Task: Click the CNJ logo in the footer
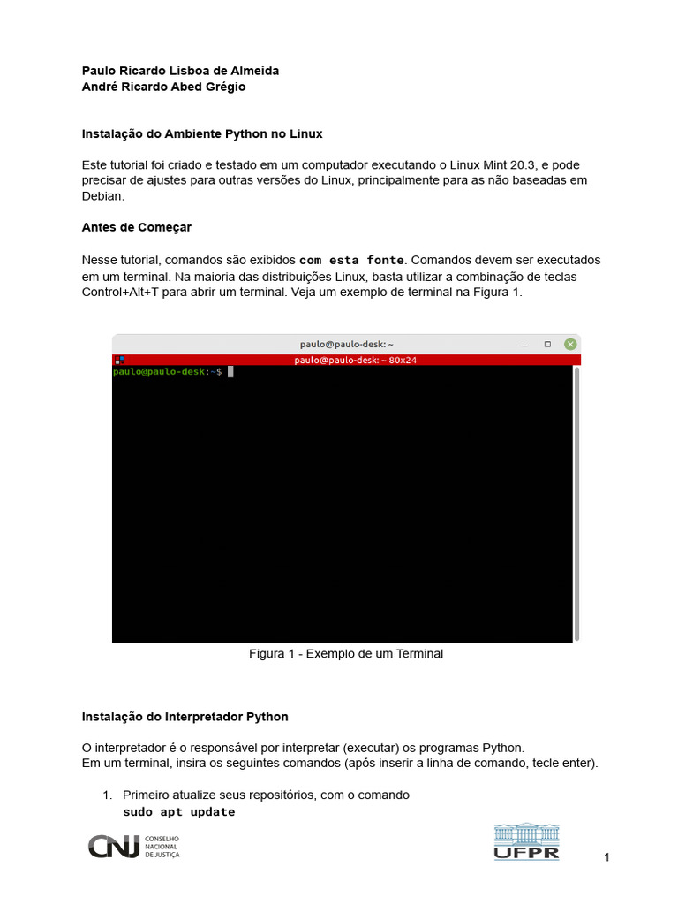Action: pos(133,846)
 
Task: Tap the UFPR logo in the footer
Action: pos(526,842)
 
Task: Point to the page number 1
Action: pos(607,857)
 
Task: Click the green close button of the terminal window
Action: pos(570,344)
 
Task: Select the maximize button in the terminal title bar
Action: pos(547,344)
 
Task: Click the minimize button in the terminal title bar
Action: pos(524,344)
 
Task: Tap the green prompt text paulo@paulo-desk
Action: pos(159,372)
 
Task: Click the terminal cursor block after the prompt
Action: pos(230,372)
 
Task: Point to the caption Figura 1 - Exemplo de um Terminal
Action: pos(345,654)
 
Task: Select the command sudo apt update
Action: pos(178,812)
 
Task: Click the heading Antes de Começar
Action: pos(136,227)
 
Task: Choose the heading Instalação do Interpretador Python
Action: pos(185,716)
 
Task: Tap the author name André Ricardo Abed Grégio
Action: pos(163,87)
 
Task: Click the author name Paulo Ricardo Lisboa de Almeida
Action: pos(180,71)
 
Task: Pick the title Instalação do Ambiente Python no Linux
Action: pos(202,134)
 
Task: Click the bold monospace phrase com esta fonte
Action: pos(351,261)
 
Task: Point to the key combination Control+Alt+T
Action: pos(123,293)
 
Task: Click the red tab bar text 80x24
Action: pos(403,360)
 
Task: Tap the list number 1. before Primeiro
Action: pos(109,795)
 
